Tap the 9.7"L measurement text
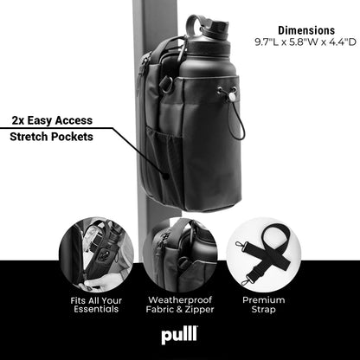point(268,42)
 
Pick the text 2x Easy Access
point(54,119)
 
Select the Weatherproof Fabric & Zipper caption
point(180,305)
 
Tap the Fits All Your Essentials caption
point(97,305)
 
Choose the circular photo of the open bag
point(97,253)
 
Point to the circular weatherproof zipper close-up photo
point(180,253)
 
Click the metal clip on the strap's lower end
point(248,277)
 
